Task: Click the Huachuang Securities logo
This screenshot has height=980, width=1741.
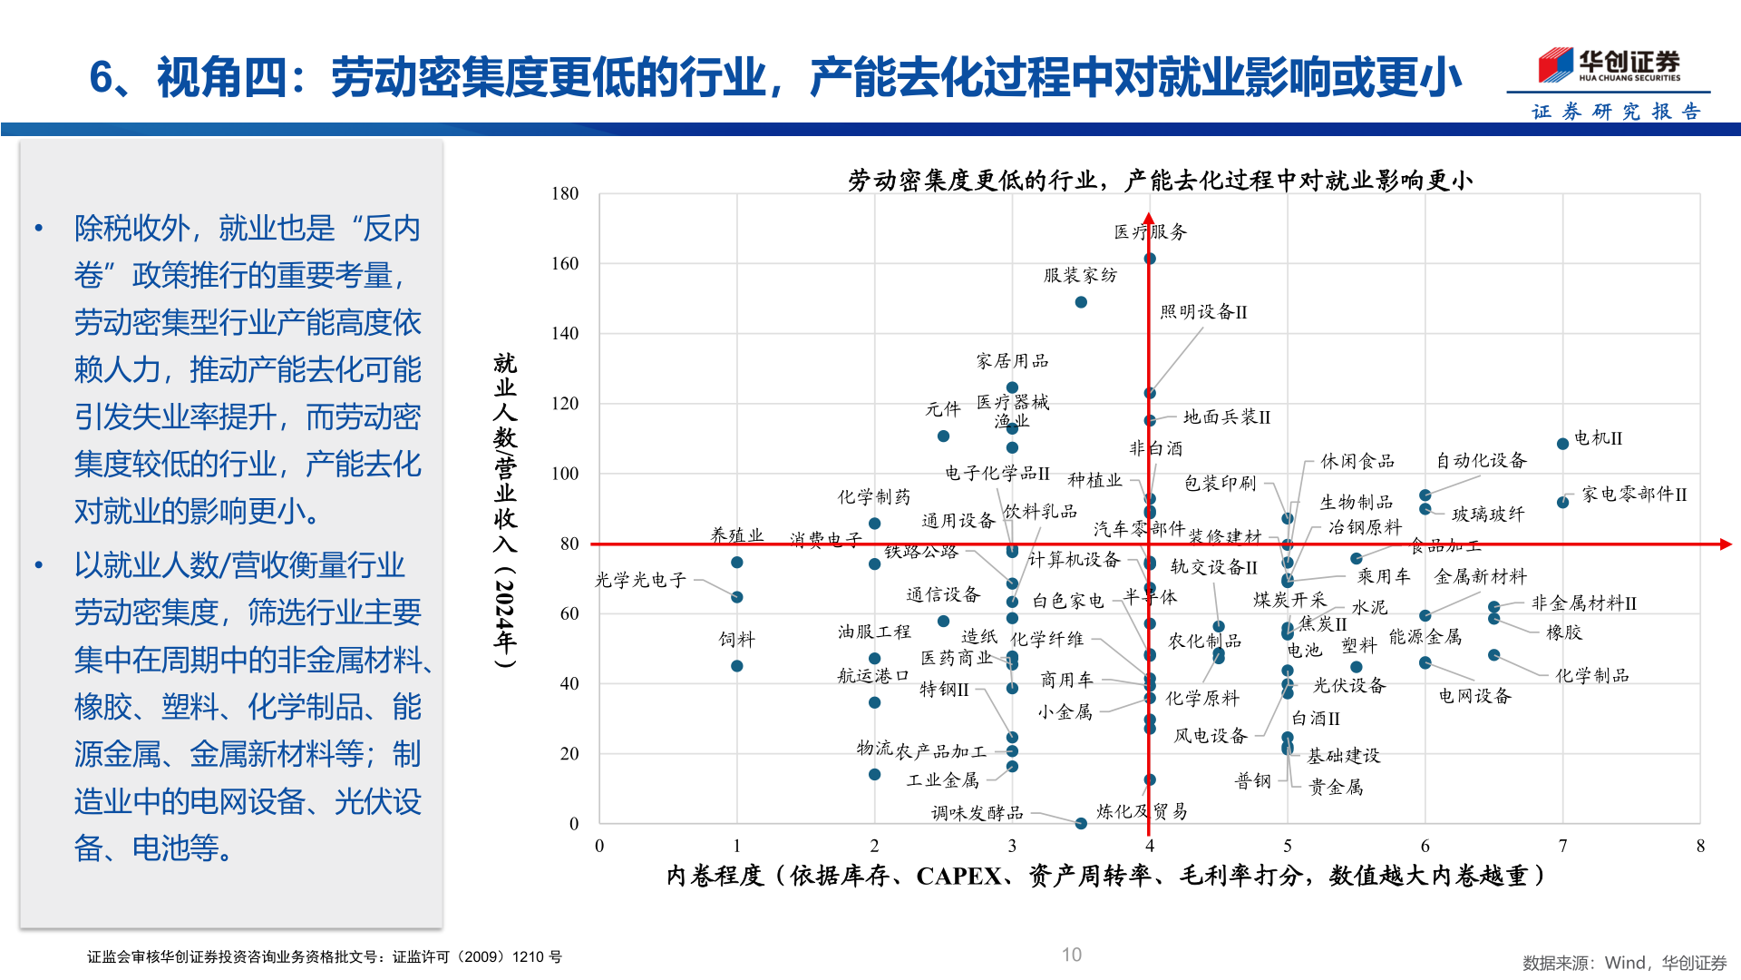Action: pyautogui.click(x=1609, y=65)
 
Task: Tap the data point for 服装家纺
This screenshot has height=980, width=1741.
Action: pyautogui.click(x=1080, y=302)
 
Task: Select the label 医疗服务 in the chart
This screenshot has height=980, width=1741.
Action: pyautogui.click(x=1150, y=232)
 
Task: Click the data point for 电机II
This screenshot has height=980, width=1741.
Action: pyautogui.click(x=1562, y=444)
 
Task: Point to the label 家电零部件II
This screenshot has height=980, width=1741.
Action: pyautogui.click(x=1634, y=495)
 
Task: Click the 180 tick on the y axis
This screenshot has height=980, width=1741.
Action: pyautogui.click(x=564, y=193)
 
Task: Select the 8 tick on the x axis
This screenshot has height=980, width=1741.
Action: pyautogui.click(x=1700, y=846)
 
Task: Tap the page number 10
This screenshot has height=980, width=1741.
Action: pyautogui.click(x=1071, y=955)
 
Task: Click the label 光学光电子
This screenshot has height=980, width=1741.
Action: pyautogui.click(x=640, y=580)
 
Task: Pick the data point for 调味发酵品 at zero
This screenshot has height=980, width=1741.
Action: pyautogui.click(x=1080, y=823)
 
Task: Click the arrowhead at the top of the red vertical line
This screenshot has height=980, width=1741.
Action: pyautogui.click(x=1149, y=219)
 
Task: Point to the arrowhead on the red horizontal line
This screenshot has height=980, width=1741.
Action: pyautogui.click(x=1725, y=544)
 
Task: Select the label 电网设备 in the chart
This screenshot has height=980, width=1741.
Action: pyautogui.click(x=1474, y=696)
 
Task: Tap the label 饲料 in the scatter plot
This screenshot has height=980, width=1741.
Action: pyautogui.click(x=736, y=640)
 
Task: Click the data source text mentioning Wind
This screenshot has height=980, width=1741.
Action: pyautogui.click(x=1624, y=963)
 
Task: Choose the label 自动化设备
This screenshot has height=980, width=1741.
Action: pyautogui.click(x=1481, y=461)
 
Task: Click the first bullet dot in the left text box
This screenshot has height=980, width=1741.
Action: pyautogui.click(x=38, y=229)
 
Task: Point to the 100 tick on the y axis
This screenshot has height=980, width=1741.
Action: pyautogui.click(x=564, y=474)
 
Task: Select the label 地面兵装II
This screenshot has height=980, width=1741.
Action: pyautogui.click(x=1226, y=417)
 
